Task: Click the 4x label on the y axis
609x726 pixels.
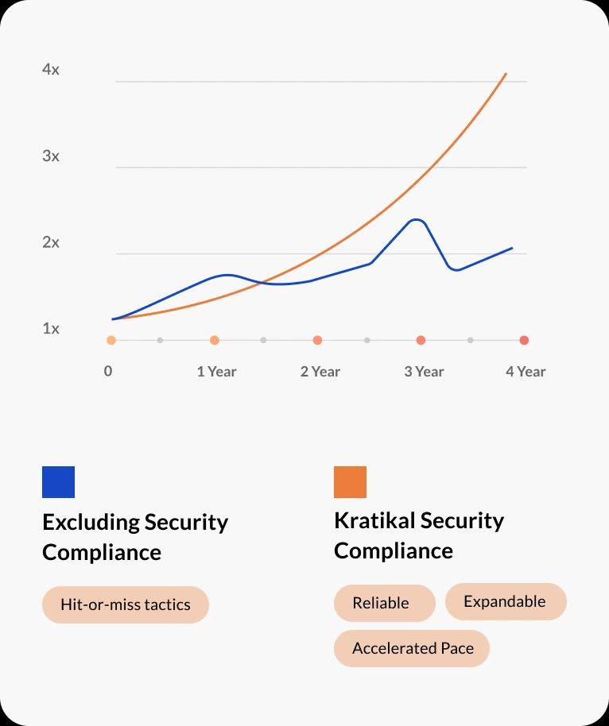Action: tap(51, 70)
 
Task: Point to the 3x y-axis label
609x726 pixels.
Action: tap(51, 156)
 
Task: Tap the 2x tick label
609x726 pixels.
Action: tap(51, 243)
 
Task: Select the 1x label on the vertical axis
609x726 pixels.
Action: tap(51, 329)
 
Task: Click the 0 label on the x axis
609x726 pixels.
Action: tap(108, 371)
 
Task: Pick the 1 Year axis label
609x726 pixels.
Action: tap(216, 371)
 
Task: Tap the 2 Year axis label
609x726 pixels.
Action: tap(320, 371)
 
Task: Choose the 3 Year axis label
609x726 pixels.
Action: tap(423, 371)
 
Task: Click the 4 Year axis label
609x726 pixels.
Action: tap(526, 371)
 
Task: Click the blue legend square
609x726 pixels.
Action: tap(58, 482)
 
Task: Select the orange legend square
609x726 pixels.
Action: tap(350, 482)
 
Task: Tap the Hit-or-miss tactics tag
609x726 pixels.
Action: tap(126, 604)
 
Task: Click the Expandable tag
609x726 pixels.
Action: tap(505, 601)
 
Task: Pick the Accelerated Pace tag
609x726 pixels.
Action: tap(412, 648)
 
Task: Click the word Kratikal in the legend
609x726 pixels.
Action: tap(374, 520)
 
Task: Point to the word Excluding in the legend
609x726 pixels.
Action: tap(90, 522)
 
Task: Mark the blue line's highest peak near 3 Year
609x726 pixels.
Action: tap(416, 219)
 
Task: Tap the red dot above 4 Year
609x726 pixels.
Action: tap(524, 340)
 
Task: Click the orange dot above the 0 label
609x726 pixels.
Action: tap(111, 340)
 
